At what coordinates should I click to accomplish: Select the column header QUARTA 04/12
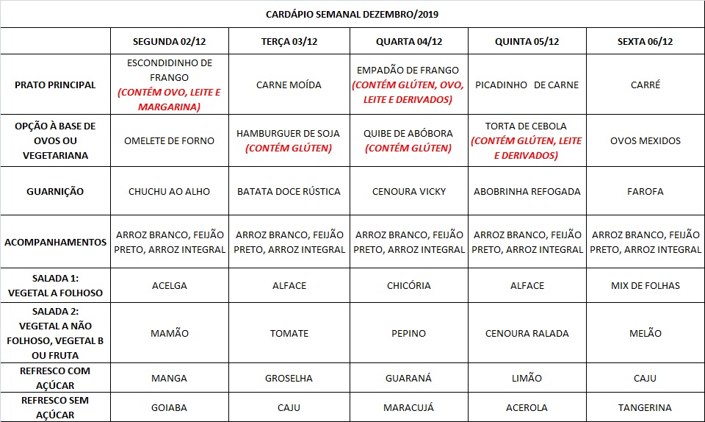click(409, 41)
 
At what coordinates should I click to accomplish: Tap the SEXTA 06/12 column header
click(646, 41)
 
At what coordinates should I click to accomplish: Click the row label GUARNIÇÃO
click(55, 191)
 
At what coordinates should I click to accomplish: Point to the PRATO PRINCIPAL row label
click(55, 85)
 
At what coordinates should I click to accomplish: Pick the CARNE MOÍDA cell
click(289, 85)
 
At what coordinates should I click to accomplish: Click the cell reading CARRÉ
click(646, 85)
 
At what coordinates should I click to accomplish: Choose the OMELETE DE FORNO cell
click(170, 140)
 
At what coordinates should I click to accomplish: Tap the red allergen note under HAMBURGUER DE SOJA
click(289, 149)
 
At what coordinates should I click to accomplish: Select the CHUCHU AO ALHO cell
click(170, 191)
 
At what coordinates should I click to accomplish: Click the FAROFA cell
click(646, 191)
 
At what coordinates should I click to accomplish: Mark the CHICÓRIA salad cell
click(409, 285)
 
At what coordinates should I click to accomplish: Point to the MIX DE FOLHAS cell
click(646, 285)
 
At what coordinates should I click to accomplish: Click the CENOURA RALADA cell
click(527, 333)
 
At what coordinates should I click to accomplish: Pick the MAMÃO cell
click(170, 333)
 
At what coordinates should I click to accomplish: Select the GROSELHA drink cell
click(289, 378)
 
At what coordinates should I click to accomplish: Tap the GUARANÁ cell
click(409, 378)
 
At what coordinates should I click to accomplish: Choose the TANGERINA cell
click(646, 407)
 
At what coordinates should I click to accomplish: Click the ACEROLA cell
click(527, 407)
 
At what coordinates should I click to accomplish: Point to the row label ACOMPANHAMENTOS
click(55, 242)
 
